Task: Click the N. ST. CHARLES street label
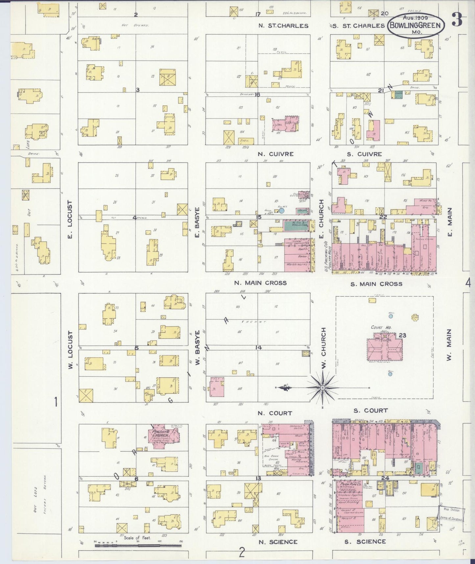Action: [x=283, y=26]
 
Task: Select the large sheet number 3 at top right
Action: [x=457, y=20]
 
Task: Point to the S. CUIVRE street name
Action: [x=365, y=154]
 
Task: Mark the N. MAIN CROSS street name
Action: [x=260, y=283]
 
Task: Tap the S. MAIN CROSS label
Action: [x=376, y=284]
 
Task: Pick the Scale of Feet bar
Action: [x=138, y=545]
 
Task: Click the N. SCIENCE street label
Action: [x=278, y=542]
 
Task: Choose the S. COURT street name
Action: [x=370, y=411]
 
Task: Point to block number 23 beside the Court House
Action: [x=403, y=335]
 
